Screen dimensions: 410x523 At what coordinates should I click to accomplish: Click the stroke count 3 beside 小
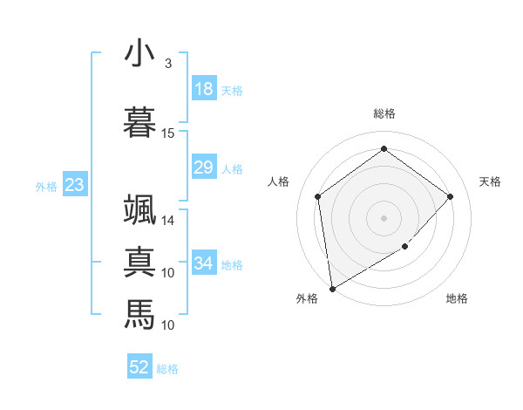pyautogui.click(x=168, y=64)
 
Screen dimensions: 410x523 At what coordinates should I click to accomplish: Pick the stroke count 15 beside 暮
pyautogui.click(x=168, y=133)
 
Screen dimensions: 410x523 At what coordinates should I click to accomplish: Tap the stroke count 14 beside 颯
pyautogui.click(x=168, y=221)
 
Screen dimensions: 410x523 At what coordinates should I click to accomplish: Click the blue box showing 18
pyautogui.click(x=204, y=89)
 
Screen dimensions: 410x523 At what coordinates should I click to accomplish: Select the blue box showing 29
pyautogui.click(x=204, y=167)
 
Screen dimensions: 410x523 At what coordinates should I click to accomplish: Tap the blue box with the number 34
pyautogui.click(x=204, y=263)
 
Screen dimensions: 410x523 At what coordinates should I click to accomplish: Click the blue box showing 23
pyautogui.click(x=74, y=185)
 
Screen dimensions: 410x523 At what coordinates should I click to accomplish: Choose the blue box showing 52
pyautogui.click(x=139, y=367)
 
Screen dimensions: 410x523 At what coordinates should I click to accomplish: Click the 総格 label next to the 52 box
pyautogui.click(x=167, y=369)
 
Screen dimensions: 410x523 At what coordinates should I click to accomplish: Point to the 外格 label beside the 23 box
pyautogui.click(x=46, y=186)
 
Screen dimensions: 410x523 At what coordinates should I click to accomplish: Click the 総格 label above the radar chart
pyautogui.click(x=384, y=113)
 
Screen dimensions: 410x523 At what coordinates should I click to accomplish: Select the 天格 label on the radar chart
pyautogui.click(x=490, y=181)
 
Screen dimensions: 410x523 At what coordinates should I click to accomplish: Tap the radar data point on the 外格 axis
pyautogui.click(x=332, y=288)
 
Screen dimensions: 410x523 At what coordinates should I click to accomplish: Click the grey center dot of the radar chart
pyautogui.click(x=384, y=217)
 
